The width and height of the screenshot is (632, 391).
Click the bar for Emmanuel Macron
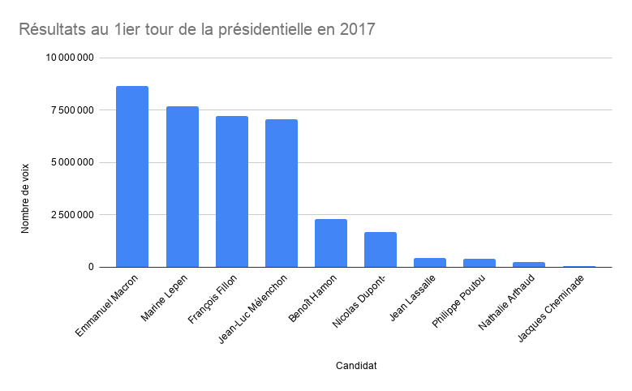(132, 177)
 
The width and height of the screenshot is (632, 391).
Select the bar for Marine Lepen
(182, 187)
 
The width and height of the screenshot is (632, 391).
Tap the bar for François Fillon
(231, 191)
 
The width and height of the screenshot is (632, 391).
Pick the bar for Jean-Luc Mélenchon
(281, 193)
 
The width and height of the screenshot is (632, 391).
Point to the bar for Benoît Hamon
(330, 243)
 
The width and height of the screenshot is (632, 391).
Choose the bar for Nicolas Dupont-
(380, 250)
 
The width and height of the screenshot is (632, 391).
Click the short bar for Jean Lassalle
(429, 262)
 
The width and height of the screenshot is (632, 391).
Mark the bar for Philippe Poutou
(479, 263)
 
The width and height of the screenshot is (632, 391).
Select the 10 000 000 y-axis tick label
(71, 58)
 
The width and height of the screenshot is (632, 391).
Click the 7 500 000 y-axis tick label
(73, 110)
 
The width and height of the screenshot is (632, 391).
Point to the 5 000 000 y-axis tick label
(73, 162)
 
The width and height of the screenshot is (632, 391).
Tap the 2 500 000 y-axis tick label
(73, 215)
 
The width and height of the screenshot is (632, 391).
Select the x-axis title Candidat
(355, 366)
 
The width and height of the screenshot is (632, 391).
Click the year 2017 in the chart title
(357, 30)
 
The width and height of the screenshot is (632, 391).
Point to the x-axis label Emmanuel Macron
(108, 305)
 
